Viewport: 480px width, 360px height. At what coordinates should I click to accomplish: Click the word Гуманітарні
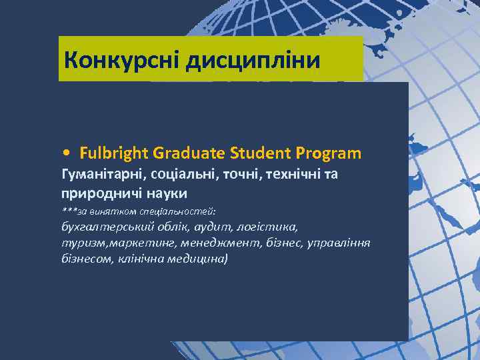click(x=101, y=175)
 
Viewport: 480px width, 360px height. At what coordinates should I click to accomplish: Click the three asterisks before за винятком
click(x=69, y=211)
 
